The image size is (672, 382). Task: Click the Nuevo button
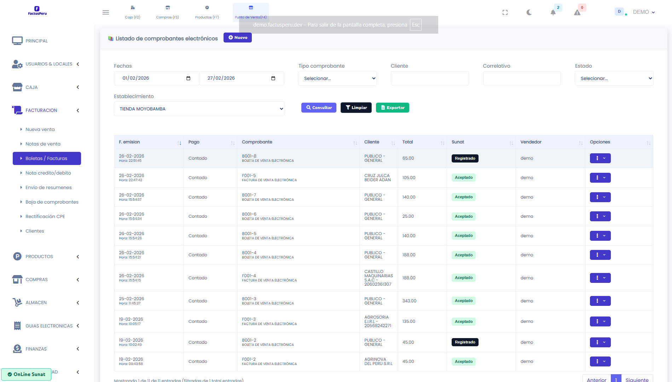(237, 38)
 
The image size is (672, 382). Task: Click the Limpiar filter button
(356, 108)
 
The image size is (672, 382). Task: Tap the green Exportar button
(392, 108)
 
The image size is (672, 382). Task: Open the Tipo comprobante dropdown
(337, 78)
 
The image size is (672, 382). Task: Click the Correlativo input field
(522, 78)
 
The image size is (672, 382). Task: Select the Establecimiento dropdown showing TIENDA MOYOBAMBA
(199, 109)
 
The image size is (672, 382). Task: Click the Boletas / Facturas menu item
(47, 159)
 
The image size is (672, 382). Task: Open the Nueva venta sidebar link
(40, 130)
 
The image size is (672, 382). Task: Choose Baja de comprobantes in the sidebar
(52, 202)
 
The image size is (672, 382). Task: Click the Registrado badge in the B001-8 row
(465, 158)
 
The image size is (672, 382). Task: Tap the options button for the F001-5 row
(600, 178)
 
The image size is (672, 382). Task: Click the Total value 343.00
(409, 301)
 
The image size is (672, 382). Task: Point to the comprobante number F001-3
(249, 319)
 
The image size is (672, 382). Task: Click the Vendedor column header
(531, 142)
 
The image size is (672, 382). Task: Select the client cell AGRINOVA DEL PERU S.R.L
(378, 361)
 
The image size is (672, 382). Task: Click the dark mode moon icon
(529, 12)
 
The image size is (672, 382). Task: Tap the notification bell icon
(553, 13)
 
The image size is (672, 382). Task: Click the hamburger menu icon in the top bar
(105, 12)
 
